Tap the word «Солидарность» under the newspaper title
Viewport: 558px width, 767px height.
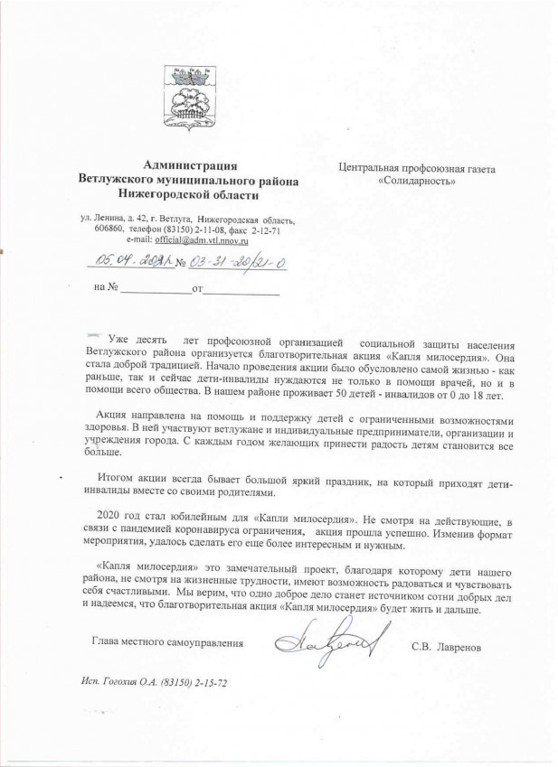click(x=418, y=181)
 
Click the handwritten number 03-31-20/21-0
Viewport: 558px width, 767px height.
click(x=236, y=262)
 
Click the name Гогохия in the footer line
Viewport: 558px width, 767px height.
click(x=118, y=682)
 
